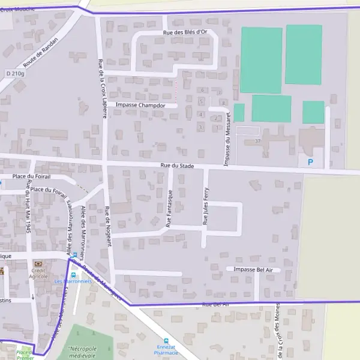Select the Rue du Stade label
[176, 165]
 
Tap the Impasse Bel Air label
[253, 270]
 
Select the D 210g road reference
[15, 73]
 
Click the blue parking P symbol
[310, 162]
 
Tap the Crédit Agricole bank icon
[38, 264]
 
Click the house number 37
[258, 141]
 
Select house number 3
[200, 127]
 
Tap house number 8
[223, 103]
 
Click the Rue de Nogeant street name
[108, 227]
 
